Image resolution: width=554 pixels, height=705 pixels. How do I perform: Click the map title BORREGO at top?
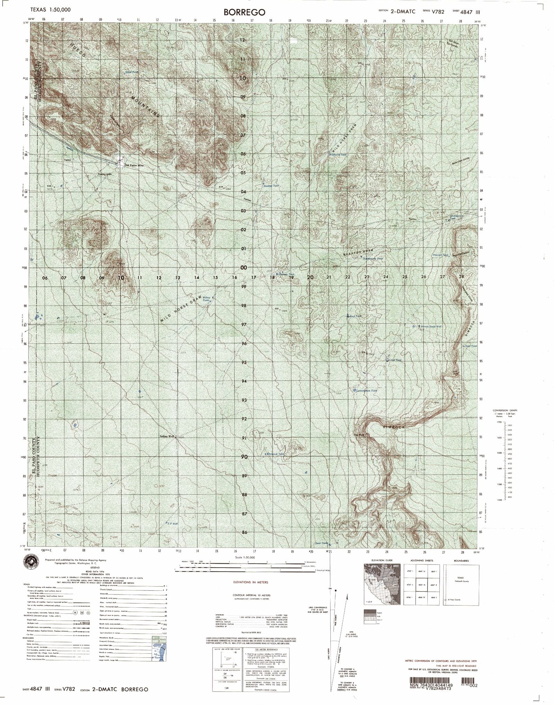click(x=244, y=12)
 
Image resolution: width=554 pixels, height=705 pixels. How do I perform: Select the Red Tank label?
click(x=356, y=316)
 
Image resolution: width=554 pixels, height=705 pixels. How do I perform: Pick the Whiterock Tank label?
click(x=276, y=454)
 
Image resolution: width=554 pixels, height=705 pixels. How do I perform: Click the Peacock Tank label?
click(x=441, y=255)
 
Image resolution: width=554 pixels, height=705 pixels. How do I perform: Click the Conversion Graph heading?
click(x=504, y=410)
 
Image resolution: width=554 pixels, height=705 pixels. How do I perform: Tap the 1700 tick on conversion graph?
click(x=499, y=422)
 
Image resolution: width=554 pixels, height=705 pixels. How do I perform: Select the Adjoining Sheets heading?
click(x=422, y=560)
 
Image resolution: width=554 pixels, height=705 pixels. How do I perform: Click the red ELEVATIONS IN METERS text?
click(x=250, y=582)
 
